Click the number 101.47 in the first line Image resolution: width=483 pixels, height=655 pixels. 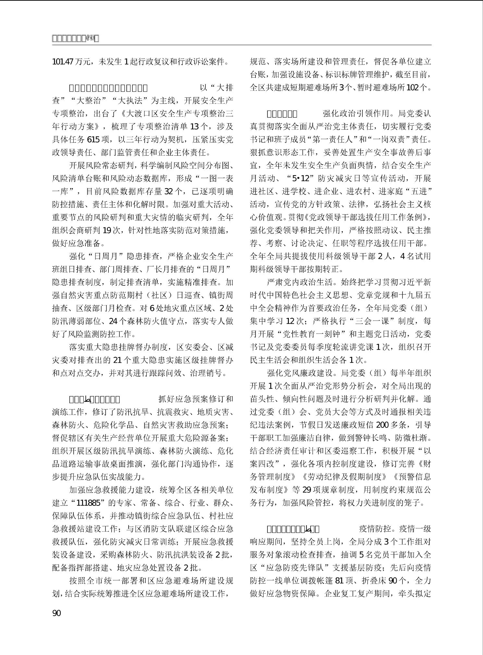(x=63, y=62)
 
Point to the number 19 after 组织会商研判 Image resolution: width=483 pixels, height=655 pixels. (x=107, y=230)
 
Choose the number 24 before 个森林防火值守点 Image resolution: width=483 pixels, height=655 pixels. (x=113, y=321)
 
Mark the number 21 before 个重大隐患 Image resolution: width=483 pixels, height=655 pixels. (x=117, y=360)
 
